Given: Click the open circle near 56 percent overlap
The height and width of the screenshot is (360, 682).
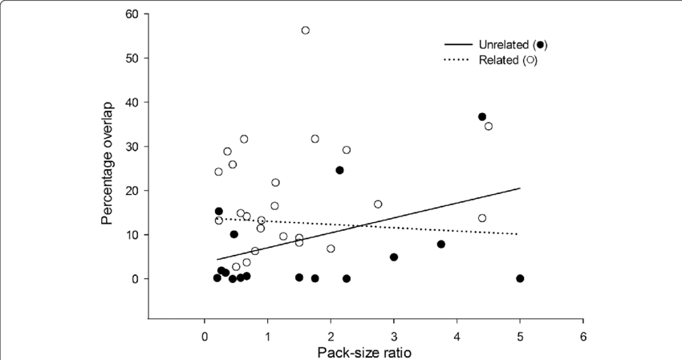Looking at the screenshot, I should pyautogui.click(x=306, y=30).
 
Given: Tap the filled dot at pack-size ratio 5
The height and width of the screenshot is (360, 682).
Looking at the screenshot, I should pyautogui.click(x=520, y=278).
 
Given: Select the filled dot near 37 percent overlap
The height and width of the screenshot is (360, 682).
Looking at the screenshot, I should pyautogui.click(x=482, y=117).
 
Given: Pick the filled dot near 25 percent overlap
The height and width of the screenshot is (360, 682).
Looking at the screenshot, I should pyautogui.click(x=339, y=170).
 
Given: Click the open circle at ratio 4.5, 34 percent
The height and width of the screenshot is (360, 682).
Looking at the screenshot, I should pyautogui.click(x=489, y=126).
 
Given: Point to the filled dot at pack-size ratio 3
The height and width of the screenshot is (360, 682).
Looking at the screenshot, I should pyautogui.click(x=394, y=257).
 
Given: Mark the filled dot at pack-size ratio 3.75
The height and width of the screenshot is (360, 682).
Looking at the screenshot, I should pyautogui.click(x=441, y=244).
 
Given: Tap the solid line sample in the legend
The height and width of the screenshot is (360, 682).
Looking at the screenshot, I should pyautogui.click(x=462, y=43).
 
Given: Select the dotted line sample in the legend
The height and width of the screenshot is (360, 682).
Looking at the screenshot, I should pyautogui.click(x=462, y=59).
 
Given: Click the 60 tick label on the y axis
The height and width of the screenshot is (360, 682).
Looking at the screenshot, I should pyautogui.click(x=132, y=14).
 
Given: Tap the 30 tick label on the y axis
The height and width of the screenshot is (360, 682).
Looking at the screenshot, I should pyautogui.click(x=132, y=147).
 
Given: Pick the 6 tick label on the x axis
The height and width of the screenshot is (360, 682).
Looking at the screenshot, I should pyautogui.click(x=583, y=336).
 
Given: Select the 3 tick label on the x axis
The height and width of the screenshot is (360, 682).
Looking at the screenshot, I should pyautogui.click(x=394, y=336).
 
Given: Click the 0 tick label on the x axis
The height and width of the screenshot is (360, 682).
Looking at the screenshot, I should pyautogui.click(x=205, y=336).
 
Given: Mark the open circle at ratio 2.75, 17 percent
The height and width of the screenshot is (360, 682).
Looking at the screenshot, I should pyautogui.click(x=378, y=204).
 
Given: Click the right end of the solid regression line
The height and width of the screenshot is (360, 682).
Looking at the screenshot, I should pyautogui.click(x=520, y=188).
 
